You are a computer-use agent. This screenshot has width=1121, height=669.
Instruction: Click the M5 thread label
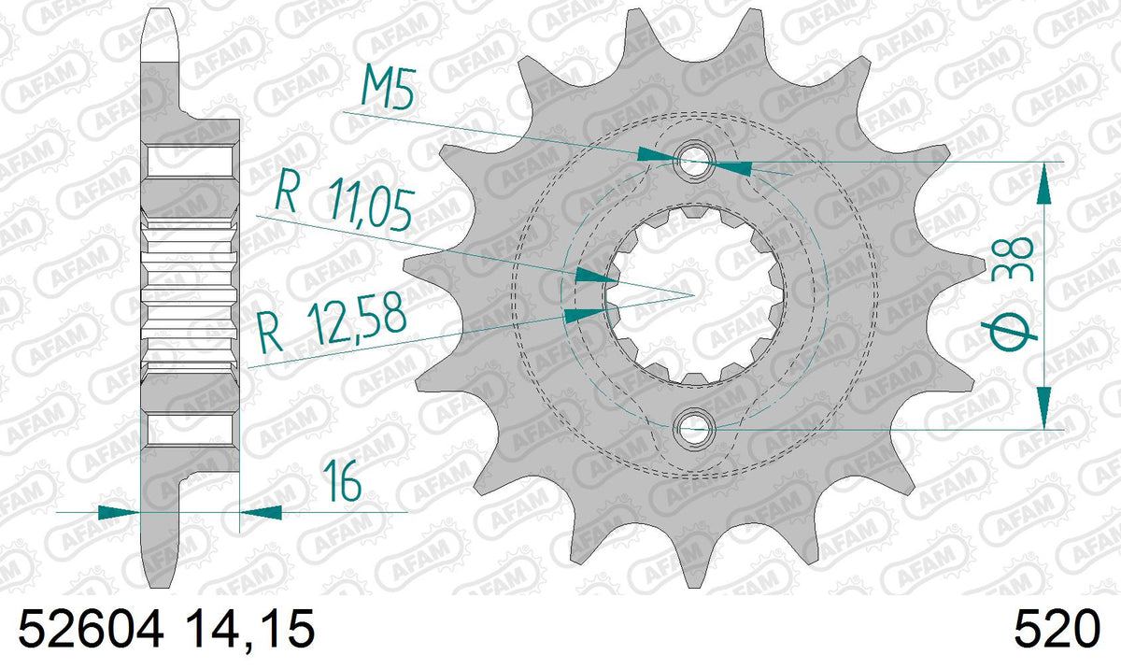coord(388,91)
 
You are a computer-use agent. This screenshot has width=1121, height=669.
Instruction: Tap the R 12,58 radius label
coord(332,321)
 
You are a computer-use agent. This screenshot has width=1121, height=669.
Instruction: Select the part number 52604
coord(92,629)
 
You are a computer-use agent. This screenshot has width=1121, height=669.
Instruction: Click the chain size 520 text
coord(1057,629)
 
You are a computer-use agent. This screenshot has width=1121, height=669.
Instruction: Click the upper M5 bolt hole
coord(694,162)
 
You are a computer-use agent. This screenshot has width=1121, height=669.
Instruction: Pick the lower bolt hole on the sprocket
coord(694,429)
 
